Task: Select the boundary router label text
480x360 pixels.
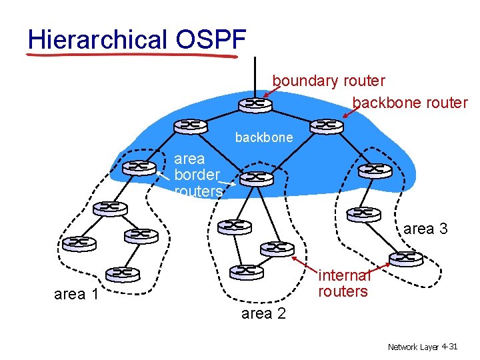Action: tap(329, 81)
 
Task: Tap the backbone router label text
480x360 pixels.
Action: tap(410, 103)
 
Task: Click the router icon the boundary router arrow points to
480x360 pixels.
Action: tap(254, 105)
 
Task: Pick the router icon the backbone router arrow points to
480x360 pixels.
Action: tap(327, 126)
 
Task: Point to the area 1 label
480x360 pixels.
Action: tap(76, 294)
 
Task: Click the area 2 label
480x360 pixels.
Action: tap(263, 313)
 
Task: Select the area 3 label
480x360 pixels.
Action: tap(425, 229)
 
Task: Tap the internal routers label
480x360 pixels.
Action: tap(343, 283)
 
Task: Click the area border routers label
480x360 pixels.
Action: tap(197, 175)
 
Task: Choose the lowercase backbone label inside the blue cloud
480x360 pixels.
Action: tap(263, 137)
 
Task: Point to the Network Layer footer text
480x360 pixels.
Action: tap(413, 347)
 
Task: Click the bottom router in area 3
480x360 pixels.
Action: tap(406, 259)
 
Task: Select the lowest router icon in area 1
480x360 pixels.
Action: tap(122, 273)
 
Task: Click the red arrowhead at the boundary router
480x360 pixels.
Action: tap(266, 95)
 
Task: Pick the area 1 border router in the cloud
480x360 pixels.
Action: tap(140, 167)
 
